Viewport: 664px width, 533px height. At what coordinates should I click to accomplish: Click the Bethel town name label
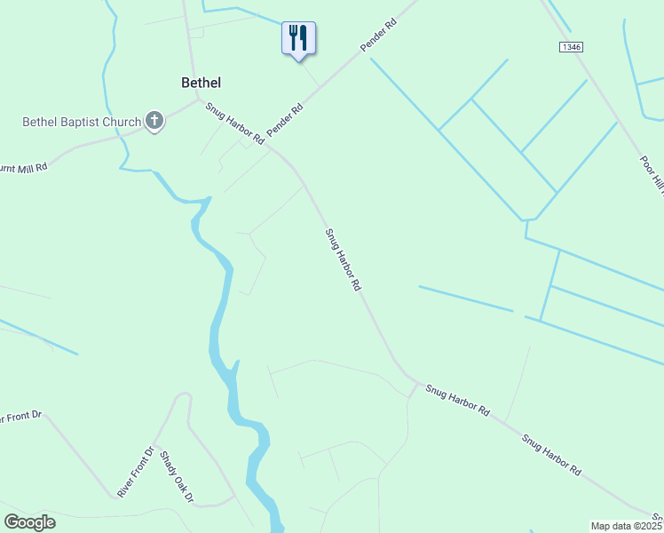coord(201,83)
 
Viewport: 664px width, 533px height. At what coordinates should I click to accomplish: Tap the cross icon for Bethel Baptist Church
coord(154,121)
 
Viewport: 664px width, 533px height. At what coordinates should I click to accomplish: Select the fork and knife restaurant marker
coord(298,38)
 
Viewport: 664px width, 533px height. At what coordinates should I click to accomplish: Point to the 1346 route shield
coord(572,46)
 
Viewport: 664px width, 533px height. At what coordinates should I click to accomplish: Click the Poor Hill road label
coord(652,174)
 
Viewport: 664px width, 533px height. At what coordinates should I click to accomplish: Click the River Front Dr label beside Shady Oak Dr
coord(136,472)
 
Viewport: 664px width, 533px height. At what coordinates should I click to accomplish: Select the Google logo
coord(29,522)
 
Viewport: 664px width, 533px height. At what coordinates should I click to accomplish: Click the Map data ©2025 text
coord(626,526)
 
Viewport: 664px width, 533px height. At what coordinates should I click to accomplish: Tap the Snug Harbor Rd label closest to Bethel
coord(235,124)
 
